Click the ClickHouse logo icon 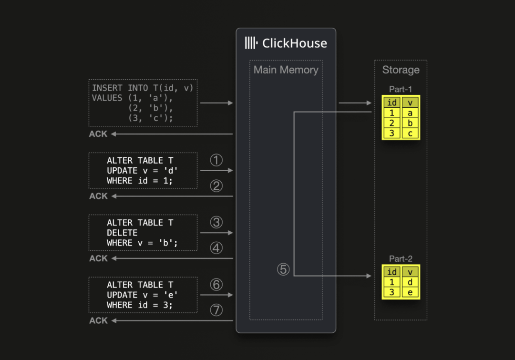tap(251, 43)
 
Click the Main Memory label tap(286, 70)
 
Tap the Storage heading tap(401, 70)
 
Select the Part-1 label tap(401, 89)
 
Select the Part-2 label tap(401, 259)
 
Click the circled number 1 tap(216, 160)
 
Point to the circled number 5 tap(283, 269)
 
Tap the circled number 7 tap(216, 310)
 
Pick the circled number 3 tap(216, 222)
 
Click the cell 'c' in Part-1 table tap(410, 133)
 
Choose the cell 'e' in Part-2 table tap(410, 292)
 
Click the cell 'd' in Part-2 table tap(410, 282)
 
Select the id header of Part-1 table tap(392, 103)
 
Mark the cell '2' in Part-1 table tap(392, 123)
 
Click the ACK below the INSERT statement tap(98, 134)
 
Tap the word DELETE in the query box tap(122, 233)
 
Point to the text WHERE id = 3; tap(139, 305)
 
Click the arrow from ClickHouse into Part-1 tap(355, 103)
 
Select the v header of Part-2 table tap(410, 272)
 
